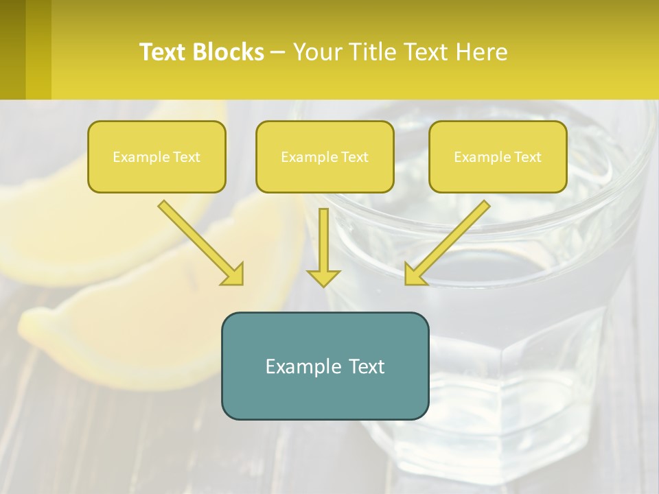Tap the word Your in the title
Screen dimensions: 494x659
tap(319, 52)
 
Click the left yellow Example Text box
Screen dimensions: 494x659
tap(157, 156)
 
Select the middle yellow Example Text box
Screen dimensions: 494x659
tap(325, 156)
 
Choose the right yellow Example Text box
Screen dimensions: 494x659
tap(498, 156)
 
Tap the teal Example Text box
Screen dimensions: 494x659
tap(325, 366)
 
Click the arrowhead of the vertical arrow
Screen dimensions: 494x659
tap(323, 277)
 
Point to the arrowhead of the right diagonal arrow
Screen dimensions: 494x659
tap(415, 274)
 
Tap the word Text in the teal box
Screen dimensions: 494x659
tap(366, 366)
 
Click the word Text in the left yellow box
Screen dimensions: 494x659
tap(186, 157)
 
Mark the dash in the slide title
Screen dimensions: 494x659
tap(278, 53)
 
